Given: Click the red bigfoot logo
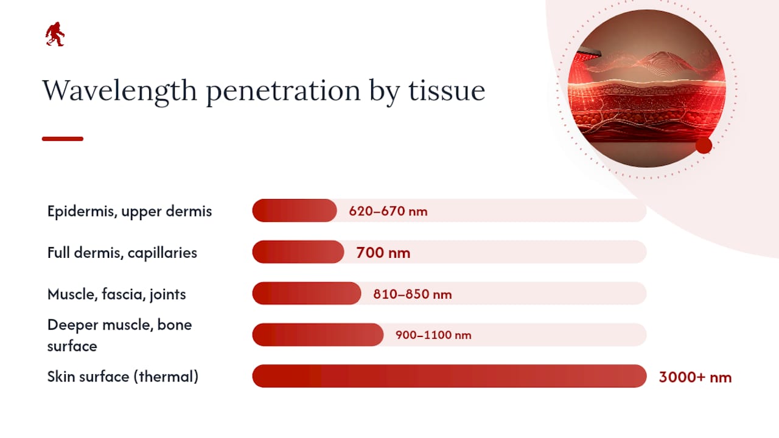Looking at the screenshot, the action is (55, 34).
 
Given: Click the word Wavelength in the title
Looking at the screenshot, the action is (120, 91).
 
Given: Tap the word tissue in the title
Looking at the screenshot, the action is (447, 91).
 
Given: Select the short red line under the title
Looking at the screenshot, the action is (63, 139).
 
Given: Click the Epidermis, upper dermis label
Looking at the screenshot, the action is (130, 211).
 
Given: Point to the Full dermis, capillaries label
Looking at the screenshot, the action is (122, 252).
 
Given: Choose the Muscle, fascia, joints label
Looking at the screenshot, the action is (116, 294).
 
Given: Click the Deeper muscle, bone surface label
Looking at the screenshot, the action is (119, 335).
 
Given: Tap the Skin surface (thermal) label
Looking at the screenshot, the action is (123, 377).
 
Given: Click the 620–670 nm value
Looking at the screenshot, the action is (388, 211).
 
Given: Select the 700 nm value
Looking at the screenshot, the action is (383, 252).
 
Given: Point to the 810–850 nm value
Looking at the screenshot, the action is (413, 294).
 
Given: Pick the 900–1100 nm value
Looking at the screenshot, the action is (433, 335).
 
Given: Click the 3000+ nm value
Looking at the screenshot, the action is (695, 377).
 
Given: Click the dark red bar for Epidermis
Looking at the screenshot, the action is (295, 210).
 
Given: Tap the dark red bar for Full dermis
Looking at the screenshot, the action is (298, 252).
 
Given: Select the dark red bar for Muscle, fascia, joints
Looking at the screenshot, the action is (307, 293).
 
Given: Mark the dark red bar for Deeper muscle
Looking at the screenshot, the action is (318, 335).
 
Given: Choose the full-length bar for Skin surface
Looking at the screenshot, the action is (449, 376).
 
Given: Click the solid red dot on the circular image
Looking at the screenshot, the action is (704, 145).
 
